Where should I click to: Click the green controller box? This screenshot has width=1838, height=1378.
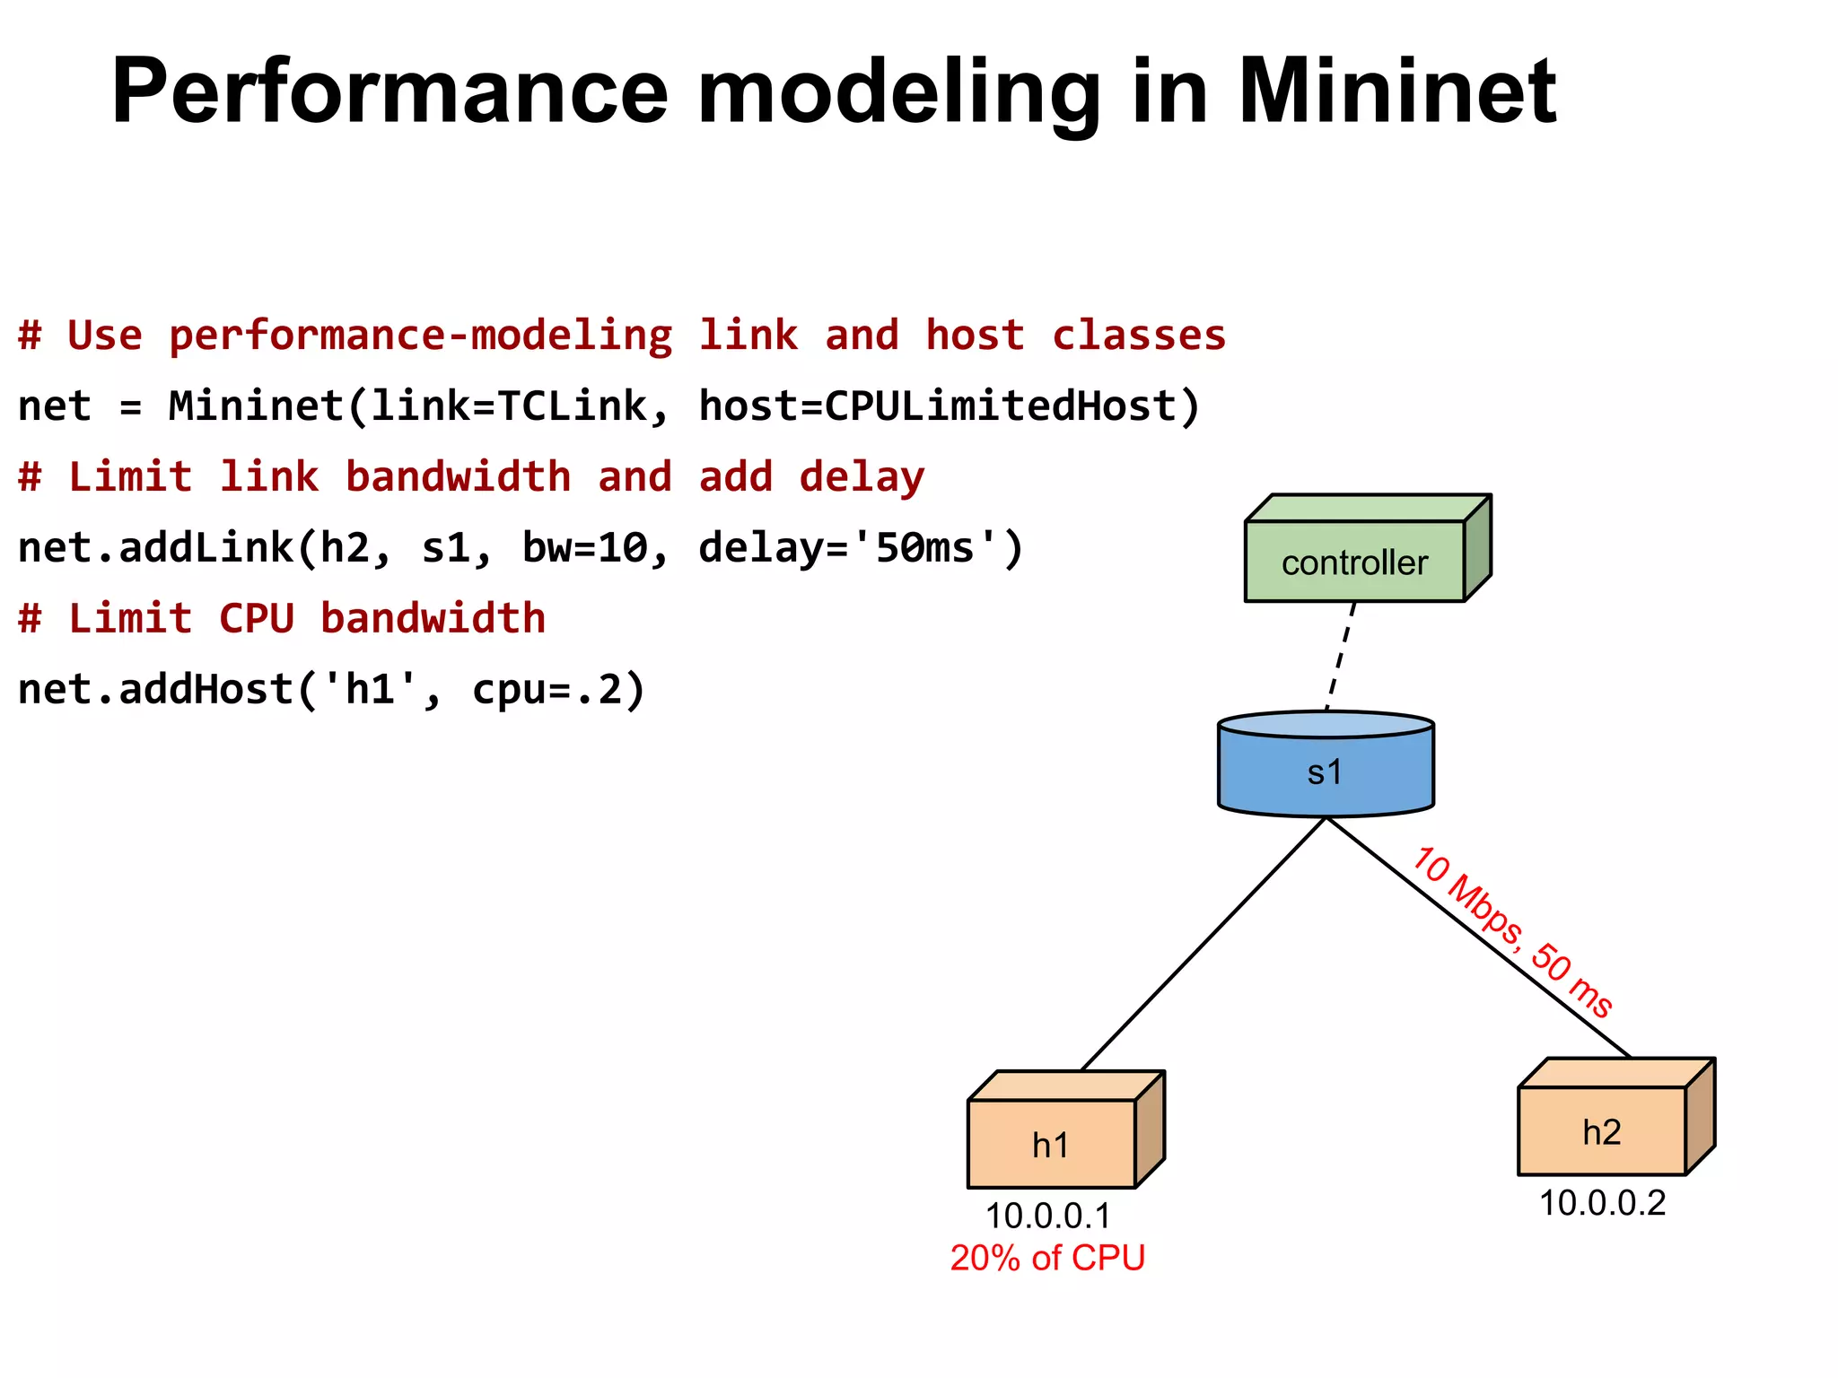point(1355,562)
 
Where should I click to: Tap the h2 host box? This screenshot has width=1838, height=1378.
point(1602,1130)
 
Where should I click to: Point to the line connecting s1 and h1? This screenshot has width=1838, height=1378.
point(1203,945)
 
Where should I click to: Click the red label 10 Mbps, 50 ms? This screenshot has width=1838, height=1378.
point(1513,933)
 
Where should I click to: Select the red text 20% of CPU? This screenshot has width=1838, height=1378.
point(1047,1258)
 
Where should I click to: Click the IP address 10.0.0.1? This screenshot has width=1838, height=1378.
point(1047,1217)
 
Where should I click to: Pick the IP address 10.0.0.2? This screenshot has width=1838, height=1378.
point(1602,1203)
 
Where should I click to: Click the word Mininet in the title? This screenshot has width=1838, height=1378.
point(1396,92)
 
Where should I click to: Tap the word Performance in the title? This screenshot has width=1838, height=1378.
point(389,92)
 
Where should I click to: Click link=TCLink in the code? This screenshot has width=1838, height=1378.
point(507,406)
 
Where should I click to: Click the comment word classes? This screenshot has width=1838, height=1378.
point(1138,335)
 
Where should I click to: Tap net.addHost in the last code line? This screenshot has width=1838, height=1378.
point(156,689)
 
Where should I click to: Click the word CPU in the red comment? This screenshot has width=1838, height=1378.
point(257,618)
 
